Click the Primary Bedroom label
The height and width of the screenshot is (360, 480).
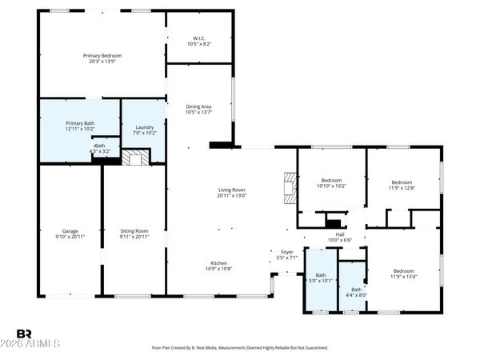click(x=102, y=55)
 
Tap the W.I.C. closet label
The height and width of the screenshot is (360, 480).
click(x=199, y=37)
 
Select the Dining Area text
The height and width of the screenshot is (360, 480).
click(x=199, y=106)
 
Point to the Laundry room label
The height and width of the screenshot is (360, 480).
click(x=145, y=127)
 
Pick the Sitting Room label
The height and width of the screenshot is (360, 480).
click(x=134, y=230)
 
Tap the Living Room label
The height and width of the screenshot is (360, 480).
click(x=232, y=190)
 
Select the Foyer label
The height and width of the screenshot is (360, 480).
click(x=286, y=252)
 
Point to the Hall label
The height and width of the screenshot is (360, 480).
click(x=340, y=234)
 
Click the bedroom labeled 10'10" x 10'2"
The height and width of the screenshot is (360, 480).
click(x=332, y=181)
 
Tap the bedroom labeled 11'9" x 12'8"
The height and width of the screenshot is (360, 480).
click(x=403, y=181)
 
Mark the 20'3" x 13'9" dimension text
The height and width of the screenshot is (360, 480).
click(x=102, y=61)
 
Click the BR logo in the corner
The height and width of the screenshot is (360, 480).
click(x=24, y=334)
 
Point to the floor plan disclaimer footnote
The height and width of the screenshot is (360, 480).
click(x=239, y=348)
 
